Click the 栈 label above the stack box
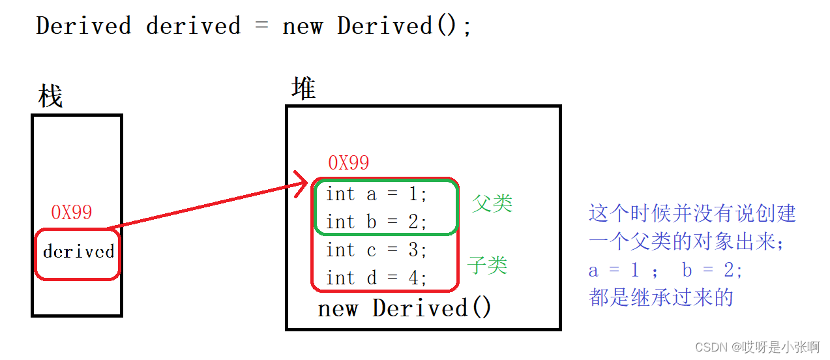51,97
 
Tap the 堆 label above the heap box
304,88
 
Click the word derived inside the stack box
78,252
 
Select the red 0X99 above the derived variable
72,212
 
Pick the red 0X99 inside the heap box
348,163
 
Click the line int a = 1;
376,194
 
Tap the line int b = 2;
376,222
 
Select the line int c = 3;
376,250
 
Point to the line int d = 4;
376,278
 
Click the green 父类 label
492,203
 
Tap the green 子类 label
487,265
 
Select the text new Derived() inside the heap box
404,308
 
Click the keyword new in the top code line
303,26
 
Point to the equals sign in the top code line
261,26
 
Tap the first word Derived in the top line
83,26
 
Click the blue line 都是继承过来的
661,297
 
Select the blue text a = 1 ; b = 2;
665,270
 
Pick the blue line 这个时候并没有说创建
692,213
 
